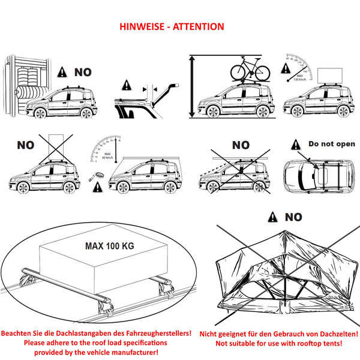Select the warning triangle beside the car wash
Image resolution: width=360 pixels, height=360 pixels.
(x=62, y=72)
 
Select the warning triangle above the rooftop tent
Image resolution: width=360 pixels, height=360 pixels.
(x=272, y=217)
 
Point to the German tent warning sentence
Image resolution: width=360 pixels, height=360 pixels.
(x=279, y=332)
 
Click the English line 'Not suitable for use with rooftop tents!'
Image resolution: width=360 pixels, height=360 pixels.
(x=279, y=343)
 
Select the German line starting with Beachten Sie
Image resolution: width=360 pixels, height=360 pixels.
(x=96, y=332)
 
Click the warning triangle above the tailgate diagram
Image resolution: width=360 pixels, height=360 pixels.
(x=127, y=85)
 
